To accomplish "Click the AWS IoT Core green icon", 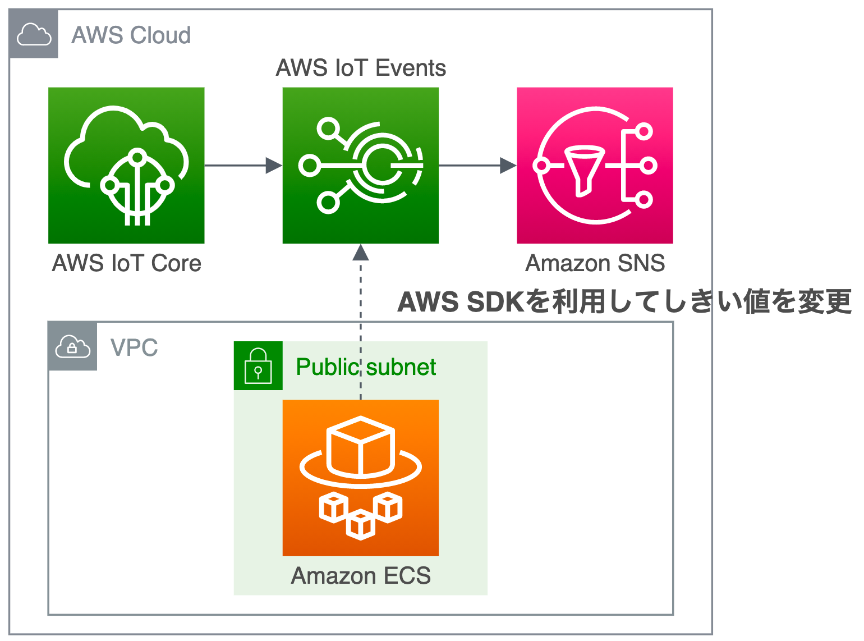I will [126, 165].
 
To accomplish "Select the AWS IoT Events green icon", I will [360, 165].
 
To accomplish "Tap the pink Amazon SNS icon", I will [595, 165].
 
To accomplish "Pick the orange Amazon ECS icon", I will [360, 478].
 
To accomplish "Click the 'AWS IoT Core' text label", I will [126, 263].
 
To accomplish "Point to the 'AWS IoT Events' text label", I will [360, 68].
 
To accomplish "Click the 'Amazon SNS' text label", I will [595, 263].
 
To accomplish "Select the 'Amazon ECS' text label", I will [360, 576].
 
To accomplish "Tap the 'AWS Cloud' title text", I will [131, 35].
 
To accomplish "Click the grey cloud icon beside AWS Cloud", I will [34, 34].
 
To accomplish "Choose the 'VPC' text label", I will [134, 348].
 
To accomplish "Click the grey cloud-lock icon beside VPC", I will [72, 346].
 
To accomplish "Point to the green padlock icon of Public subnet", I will [258, 366].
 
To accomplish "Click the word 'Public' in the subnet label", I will [327, 367].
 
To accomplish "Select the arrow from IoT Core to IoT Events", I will [243, 166].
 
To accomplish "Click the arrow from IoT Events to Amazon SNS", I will [477, 166].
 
